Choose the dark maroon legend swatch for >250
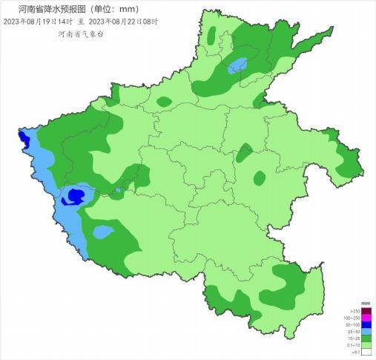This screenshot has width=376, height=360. pyautogui.click(x=366, y=312)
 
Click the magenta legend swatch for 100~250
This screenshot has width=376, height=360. pyautogui.click(x=366, y=318)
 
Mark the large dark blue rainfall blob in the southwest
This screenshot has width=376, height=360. pyautogui.click(x=73, y=196)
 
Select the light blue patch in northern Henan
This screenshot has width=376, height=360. pyautogui.click(x=237, y=65)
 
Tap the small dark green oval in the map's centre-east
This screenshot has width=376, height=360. pyautogui.click(x=259, y=178)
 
